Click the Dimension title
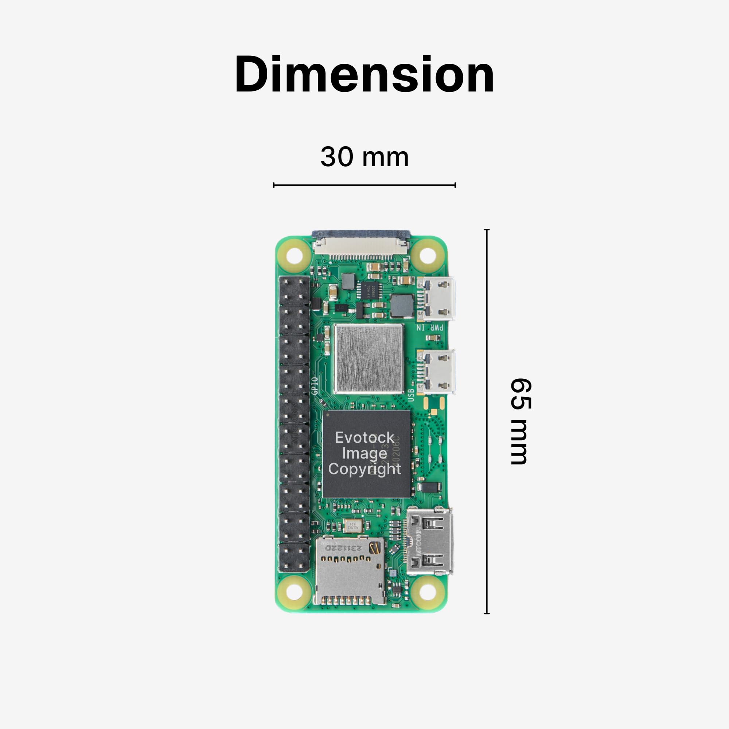pos(364,74)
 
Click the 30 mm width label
pos(364,157)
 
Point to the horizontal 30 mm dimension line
pos(364,185)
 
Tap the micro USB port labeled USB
pos(437,372)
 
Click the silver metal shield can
pos(368,359)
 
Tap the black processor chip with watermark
pos(366,453)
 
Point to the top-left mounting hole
pos(294,256)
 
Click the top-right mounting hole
pos(427,256)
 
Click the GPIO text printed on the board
pos(315,386)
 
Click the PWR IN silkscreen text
pos(430,328)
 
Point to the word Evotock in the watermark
pos(364,438)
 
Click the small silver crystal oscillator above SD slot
pos(353,525)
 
